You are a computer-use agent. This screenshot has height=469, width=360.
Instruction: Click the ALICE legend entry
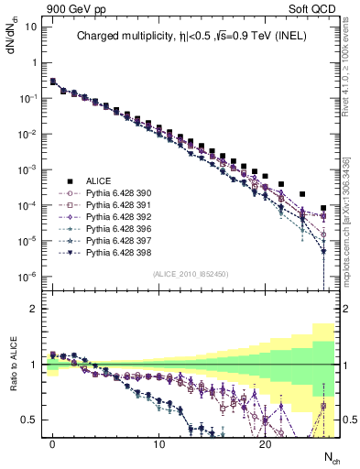pyautogui.click(x=97, y=180)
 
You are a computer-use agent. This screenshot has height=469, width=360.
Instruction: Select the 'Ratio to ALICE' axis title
pyautogui.click(x=12, y=376)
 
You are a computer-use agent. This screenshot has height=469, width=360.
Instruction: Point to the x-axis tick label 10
pyautogui.click(x=158, y=443)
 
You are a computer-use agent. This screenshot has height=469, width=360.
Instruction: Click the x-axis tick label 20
pyautogui.click(x=265, y=443)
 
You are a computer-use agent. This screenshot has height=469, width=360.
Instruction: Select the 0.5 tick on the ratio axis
pyautogui.click(x=28, y=420)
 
